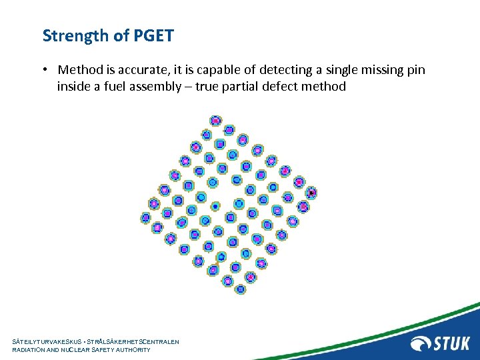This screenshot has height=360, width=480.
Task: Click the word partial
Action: [x=241, y=86]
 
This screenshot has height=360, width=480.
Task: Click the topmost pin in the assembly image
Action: [x=215, y=121]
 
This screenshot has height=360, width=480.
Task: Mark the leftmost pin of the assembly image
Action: [x=146, y=217]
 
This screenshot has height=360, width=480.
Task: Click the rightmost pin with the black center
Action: [x=311, y=193]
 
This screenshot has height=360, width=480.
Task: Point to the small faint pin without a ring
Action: [x=215, y=207]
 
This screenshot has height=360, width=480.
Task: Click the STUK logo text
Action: [x=452, y=343]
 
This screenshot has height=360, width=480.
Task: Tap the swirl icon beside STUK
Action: [x=421, y=343]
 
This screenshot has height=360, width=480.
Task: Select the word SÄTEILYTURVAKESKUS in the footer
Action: [x=47, y=341]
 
